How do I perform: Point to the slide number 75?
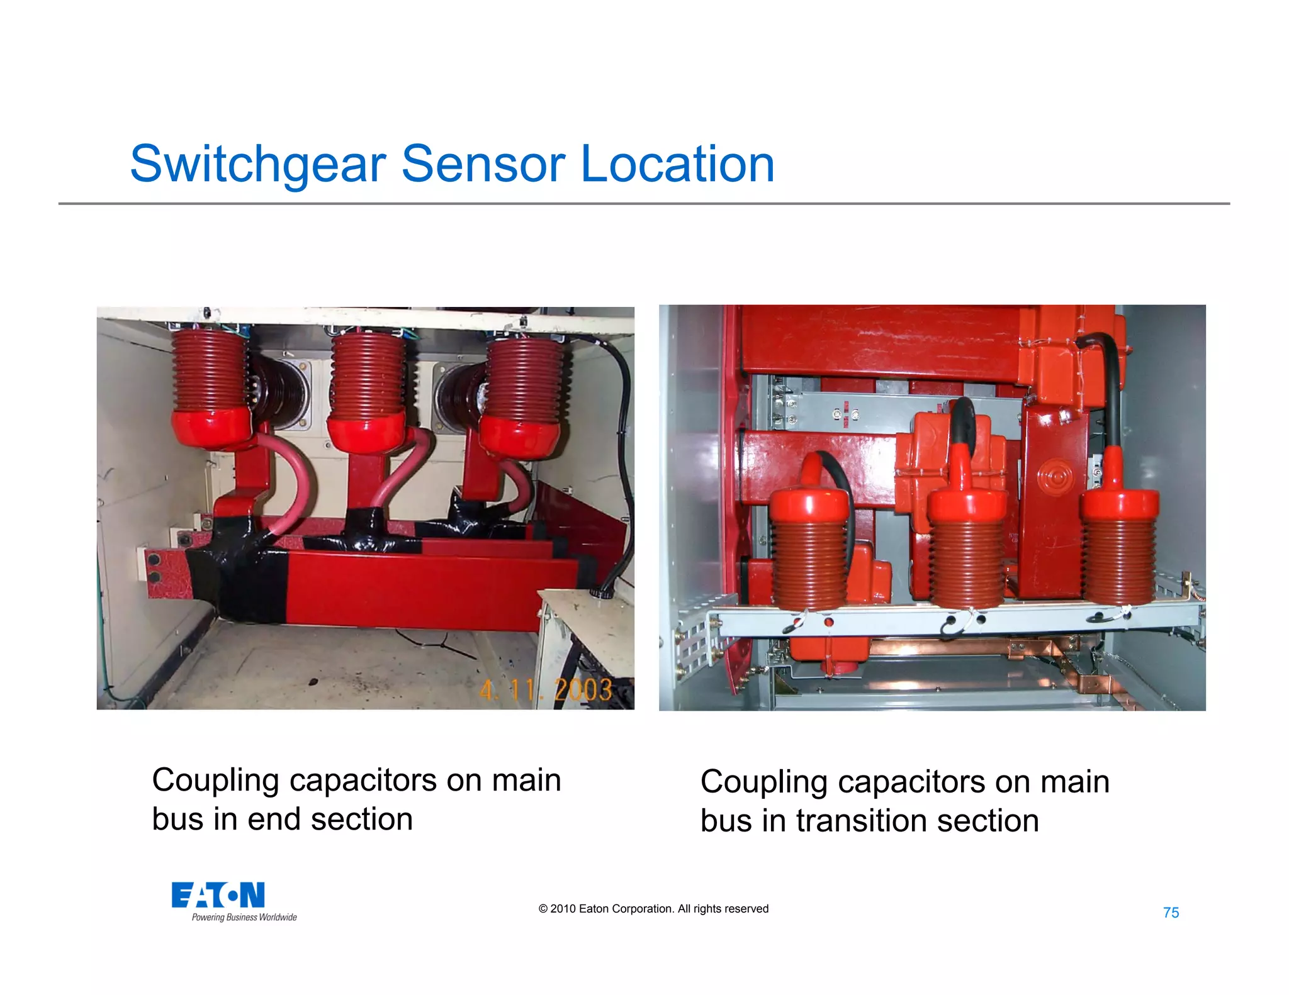pos(1171,913)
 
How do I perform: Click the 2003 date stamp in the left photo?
pos(582,690)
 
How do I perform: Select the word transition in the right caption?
pos(849,821)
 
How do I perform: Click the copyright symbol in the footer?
pos(543,909)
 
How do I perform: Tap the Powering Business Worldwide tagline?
pos(244,917)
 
